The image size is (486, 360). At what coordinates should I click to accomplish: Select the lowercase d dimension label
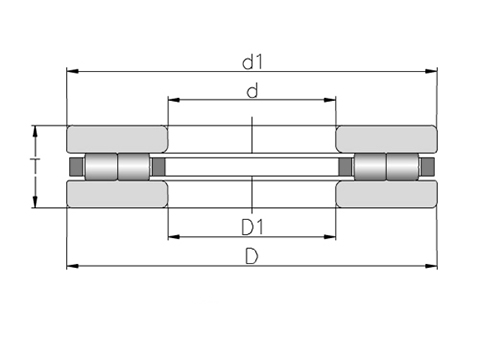252,91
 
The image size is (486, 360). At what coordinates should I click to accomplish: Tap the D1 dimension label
252,225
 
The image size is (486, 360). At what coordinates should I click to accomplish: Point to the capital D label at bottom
252,256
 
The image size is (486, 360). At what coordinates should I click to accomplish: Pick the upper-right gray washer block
386,139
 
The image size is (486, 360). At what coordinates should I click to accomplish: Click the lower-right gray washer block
386,193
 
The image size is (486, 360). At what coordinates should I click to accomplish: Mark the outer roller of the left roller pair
102,166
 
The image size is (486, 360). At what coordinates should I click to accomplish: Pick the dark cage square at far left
73,166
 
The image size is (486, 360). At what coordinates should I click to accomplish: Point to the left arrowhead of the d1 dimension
72,71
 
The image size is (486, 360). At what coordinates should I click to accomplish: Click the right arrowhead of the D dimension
432,266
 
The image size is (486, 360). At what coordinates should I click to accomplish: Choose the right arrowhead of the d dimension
331,101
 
